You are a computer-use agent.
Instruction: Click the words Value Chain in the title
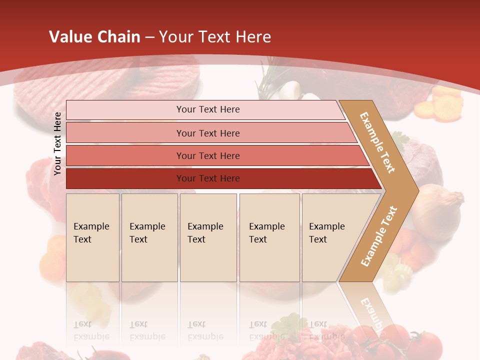click(94, 37)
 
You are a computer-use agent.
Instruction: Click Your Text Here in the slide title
click(215, 37)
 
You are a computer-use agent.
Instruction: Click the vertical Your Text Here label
click(58, 143)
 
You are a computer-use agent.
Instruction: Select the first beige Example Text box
click(92, 237)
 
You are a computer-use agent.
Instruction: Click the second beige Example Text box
click(149, 237)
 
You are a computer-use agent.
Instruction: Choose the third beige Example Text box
click(208, 237)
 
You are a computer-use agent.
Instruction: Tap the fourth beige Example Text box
click(269, 237)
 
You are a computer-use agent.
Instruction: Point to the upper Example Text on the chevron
click(378, 142)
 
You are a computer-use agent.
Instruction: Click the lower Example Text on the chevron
click(379, 236)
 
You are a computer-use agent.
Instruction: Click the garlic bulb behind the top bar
click(290, 90)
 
